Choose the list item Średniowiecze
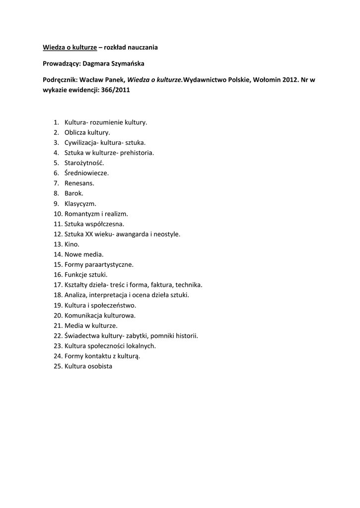pyautogui.click(x=86, y=173)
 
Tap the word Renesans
pyautogui.click(x=79, y=183)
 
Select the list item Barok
pyautogui.click(x=74, y=193)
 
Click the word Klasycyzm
pyautogui.click(x=80, y=203)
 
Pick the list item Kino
pyautogui.click(x=72, y=244)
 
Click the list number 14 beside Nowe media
pyautogui.click(x=58, y=254)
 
